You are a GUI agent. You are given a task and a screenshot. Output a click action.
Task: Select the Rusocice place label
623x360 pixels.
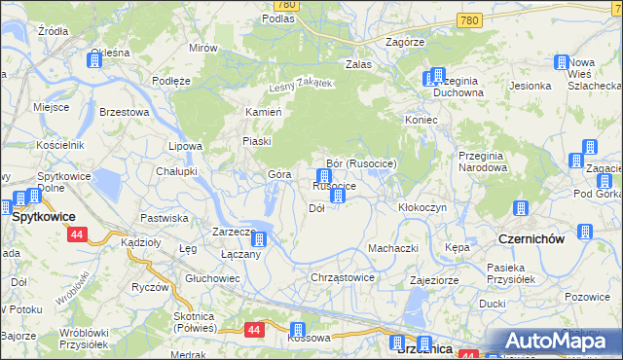pos(333,186)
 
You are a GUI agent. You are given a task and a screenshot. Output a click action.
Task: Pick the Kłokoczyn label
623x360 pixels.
pos(422,208)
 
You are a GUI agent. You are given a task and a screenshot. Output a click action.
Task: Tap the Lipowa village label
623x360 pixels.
pos(185,146)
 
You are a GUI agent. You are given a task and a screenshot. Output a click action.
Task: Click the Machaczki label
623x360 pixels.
pos(392,248)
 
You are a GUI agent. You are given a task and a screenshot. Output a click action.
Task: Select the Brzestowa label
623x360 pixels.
pos(124,112)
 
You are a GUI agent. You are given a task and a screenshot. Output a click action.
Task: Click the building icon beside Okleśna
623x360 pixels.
pos(94,61)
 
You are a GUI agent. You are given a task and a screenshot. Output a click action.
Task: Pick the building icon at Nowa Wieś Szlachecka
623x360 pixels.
pos(562,63)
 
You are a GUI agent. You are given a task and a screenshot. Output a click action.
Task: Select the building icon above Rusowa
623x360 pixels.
pos(299,330)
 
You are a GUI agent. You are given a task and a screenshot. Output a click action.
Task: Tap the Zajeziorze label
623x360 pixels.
pos(434,279)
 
